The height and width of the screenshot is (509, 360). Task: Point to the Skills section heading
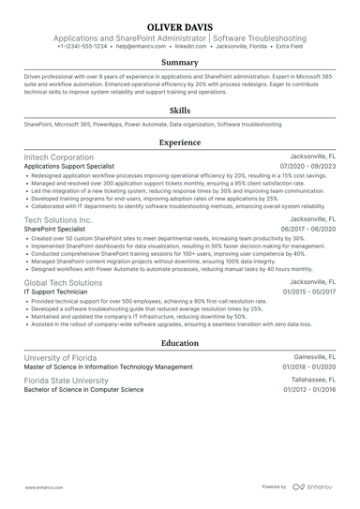tap(179, 110)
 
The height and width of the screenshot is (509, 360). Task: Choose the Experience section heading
tap(179, 142)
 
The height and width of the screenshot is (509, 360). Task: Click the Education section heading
tap(179, 343)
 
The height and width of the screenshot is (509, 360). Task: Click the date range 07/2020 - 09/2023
tap(307, 166)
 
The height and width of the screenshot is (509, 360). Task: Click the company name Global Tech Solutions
tap(62, 281)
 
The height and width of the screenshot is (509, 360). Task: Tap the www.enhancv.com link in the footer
tap(42, 487)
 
